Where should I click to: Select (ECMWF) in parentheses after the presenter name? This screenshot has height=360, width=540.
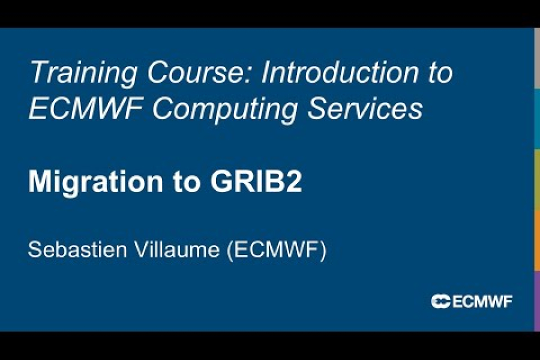point(277,250)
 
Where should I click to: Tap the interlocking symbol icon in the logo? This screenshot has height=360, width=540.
point(440,302)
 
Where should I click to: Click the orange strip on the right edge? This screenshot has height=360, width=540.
point(537,240)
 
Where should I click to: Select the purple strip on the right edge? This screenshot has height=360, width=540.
point(537,300)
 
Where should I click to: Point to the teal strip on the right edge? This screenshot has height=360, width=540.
point(537,119)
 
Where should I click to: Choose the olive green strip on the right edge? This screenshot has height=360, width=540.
point(537,179)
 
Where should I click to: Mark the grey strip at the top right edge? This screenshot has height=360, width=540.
point(537,58)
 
